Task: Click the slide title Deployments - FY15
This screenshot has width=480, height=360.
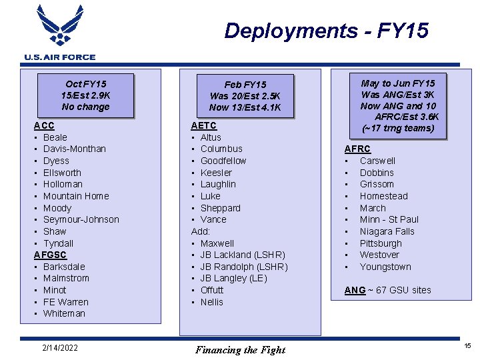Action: coord(326,31)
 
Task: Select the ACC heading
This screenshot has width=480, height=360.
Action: coord(44,125)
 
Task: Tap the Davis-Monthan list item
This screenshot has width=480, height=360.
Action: coord(74,149)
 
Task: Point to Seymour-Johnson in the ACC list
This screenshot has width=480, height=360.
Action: coord(81,219)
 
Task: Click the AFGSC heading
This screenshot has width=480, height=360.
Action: coord(50,255)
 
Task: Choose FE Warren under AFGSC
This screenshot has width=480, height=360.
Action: coord(65,302)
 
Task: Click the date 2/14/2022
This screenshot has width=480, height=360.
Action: coord(59,347)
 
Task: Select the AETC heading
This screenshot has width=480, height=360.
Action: coord(203,125)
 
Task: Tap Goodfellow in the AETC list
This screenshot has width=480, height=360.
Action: coord(223,161)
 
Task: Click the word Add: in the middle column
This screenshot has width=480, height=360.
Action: coord(201,231)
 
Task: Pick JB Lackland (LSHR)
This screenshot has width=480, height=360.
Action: coord(243,255)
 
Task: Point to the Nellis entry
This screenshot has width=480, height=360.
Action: coord(212,302)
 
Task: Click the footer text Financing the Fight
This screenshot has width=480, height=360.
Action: coord(240,350)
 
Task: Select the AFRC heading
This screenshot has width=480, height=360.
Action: coord(357,149)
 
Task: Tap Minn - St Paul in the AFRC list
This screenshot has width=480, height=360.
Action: coord(389,219)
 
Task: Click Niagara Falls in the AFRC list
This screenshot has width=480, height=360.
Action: coord(387,231)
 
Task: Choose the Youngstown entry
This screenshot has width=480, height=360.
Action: coord(385,267)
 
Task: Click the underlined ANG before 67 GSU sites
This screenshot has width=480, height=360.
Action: coord(355,290)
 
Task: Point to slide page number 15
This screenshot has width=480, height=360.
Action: coord(467,346)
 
